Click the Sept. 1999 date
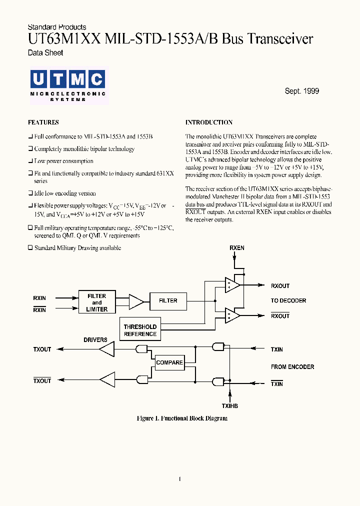pos(301,91)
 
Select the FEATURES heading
pos(43,122)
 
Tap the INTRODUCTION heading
pos(209,122)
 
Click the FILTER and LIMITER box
pos(96,302)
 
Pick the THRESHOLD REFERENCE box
pos(140,330)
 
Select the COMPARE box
pos(169,362)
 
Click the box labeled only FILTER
pos(168,300)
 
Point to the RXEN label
pos(237,248)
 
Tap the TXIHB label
pos(230,406)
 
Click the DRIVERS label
pos(95,340)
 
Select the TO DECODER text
pos(288,300)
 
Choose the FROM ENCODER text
pos(292,367)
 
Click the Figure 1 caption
pos(182,418)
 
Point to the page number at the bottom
pos(179,479)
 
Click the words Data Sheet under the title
pos(45,52)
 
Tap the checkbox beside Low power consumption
pos(30,161)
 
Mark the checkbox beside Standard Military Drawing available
pos(30,248)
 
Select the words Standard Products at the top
pos(57,27)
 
